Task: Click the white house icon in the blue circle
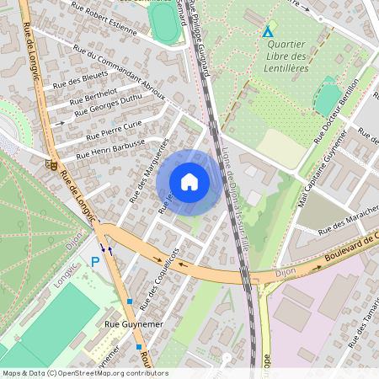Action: (189, 181)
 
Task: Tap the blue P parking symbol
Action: (95, 263)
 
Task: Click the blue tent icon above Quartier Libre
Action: (268, 32)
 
